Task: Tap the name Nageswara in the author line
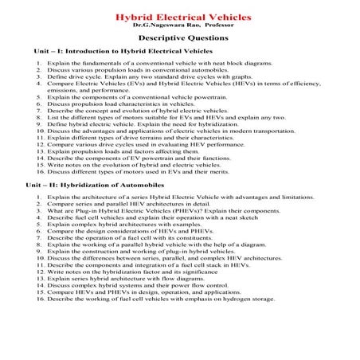pos(168,25)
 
